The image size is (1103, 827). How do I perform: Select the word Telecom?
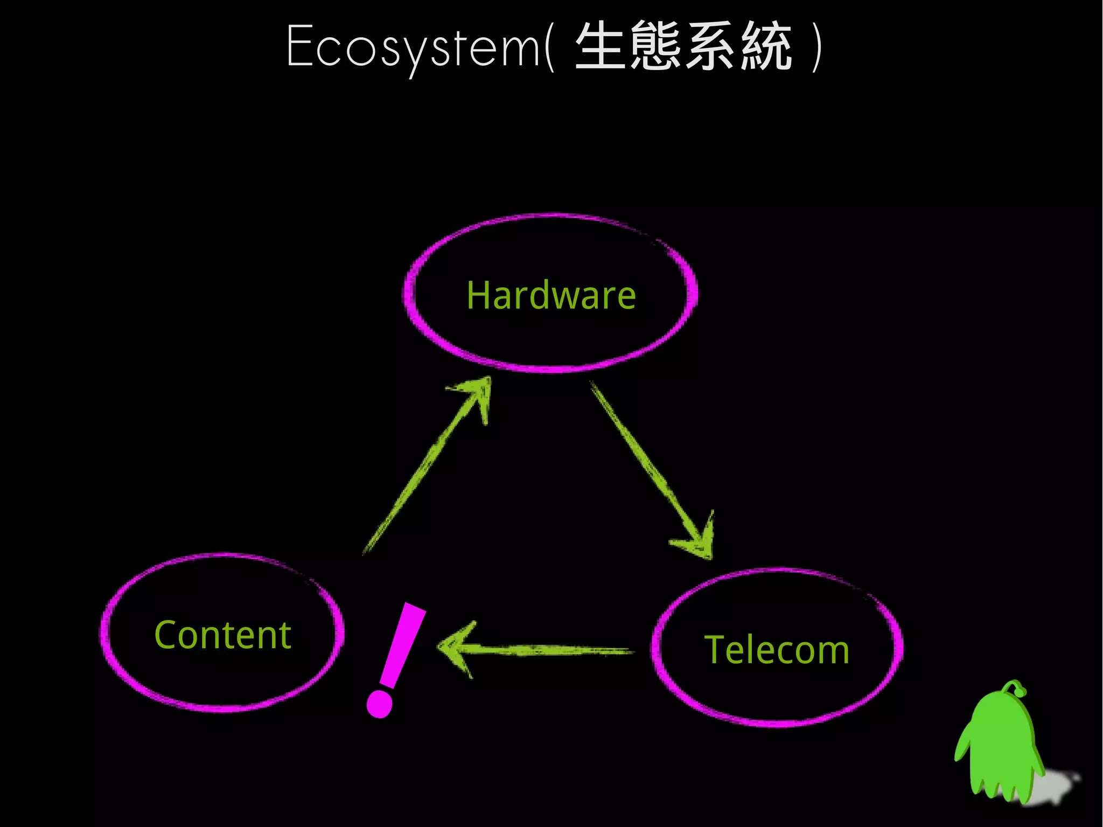pos(777,650)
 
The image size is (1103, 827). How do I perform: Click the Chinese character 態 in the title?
pos(655,45)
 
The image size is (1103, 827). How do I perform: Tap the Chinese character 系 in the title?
pos(710,45)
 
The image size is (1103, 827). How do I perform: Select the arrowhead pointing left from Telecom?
pos(455,649)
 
